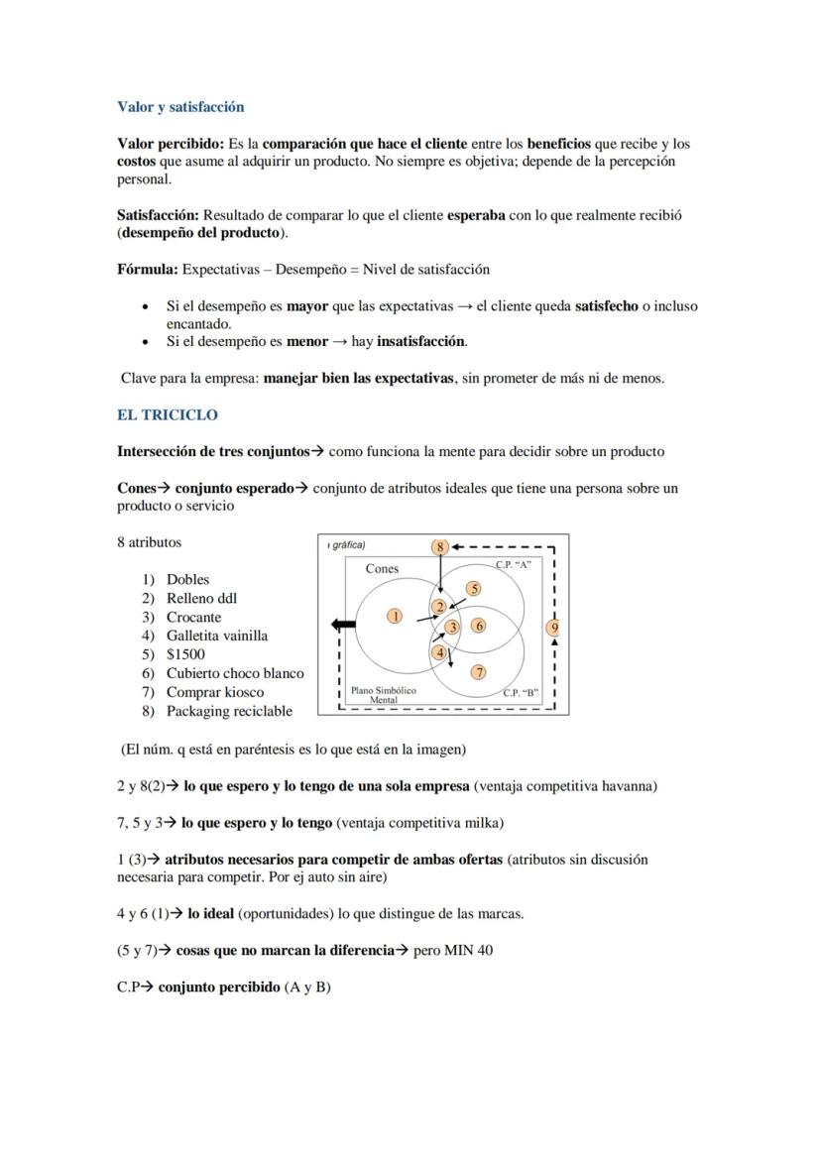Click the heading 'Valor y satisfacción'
[x=180, y=106]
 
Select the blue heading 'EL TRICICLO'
[x=167, y=414]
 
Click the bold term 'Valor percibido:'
[x=171, y=144]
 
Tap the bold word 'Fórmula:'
[x=148, y=269]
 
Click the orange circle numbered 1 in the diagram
[x=395, y=616]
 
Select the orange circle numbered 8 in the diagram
[x=440, y=546]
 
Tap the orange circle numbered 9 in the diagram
[x=554, y=627]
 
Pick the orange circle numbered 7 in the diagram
[x=478, y=672]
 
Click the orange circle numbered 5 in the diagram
[x=474, y=589]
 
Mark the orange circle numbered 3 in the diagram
[x=452, y=627]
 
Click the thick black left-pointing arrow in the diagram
[x=343, y=625]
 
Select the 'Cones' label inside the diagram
[x=382, y=569]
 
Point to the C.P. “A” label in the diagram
[x=513, y=564]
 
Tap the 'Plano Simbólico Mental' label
[x=383, y=694]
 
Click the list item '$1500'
[x=185, y=654]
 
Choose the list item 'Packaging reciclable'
[x=229, y=711]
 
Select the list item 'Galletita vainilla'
[x=216, y=636]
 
